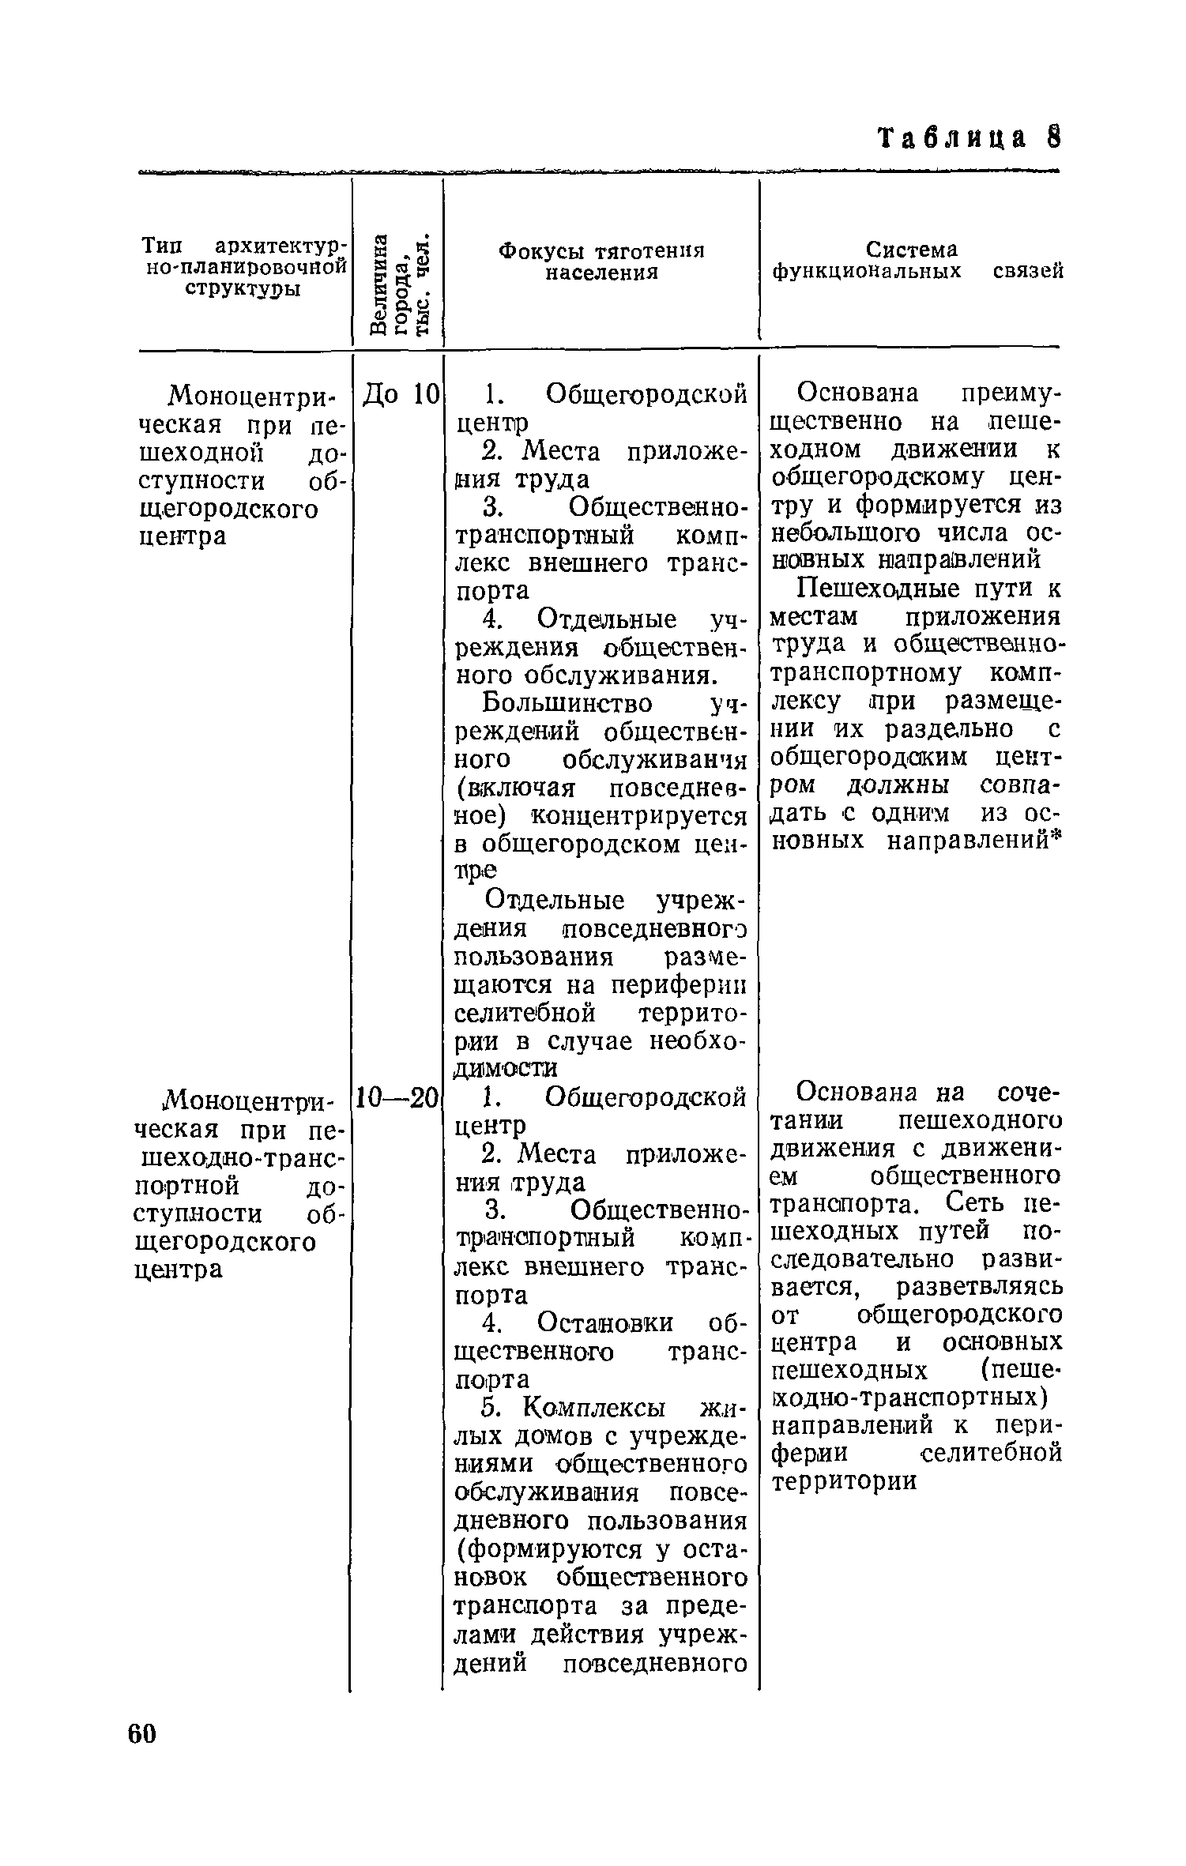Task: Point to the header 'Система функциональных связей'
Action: (916, 261)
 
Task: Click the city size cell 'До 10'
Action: (399, 393)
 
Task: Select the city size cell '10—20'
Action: (397, 1096)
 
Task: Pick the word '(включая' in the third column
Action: (514, 788)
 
